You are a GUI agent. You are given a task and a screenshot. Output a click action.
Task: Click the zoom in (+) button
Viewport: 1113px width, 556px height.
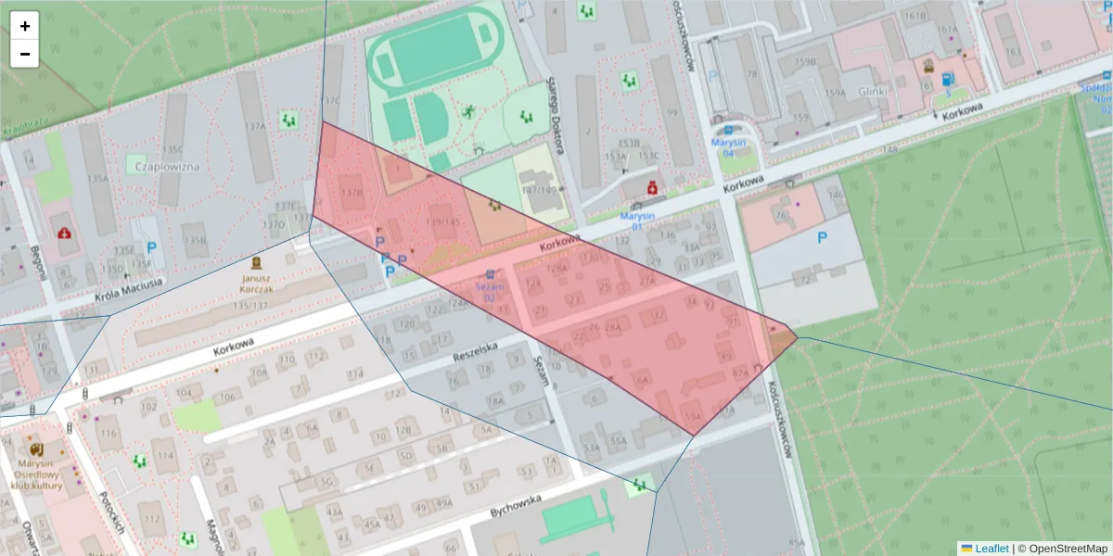25,26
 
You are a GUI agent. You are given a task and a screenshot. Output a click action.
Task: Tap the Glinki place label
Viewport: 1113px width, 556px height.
873,92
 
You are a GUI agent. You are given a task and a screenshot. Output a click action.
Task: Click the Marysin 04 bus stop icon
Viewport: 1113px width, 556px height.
729,130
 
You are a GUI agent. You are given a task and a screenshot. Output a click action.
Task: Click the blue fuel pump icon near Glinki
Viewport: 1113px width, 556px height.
947,81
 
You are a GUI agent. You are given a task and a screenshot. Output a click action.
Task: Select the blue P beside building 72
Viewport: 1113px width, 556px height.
821,237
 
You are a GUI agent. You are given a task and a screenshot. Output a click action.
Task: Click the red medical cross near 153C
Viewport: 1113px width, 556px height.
652,188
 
